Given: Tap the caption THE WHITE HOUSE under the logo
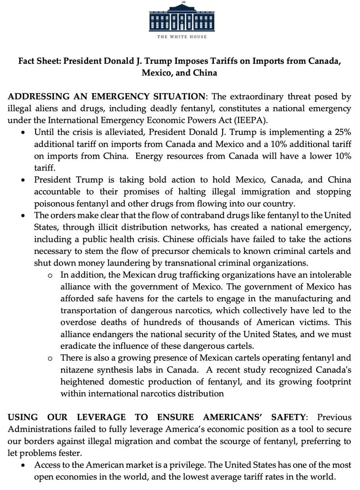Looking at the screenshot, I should [182, 36].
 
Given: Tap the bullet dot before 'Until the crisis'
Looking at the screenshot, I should [23, 133].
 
